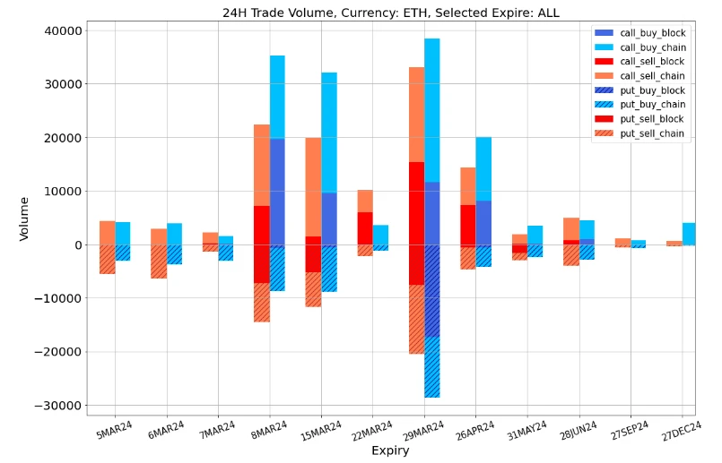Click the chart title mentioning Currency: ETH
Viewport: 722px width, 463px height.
(390, 13)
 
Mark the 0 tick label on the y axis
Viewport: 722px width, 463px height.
(78, 245)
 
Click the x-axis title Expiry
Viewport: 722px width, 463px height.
(390, 451)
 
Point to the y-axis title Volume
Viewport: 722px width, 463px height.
(24, 219)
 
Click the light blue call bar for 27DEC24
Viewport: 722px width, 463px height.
(688, 234)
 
